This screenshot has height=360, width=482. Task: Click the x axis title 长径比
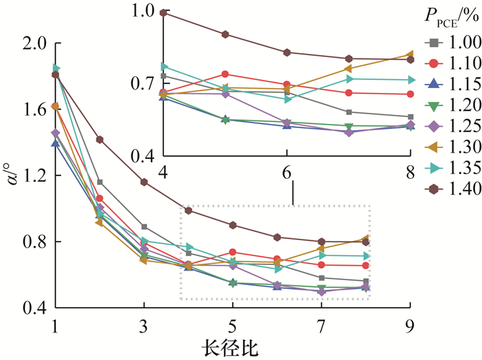(231, 348)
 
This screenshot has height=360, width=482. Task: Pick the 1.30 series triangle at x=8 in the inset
(410, 54)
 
